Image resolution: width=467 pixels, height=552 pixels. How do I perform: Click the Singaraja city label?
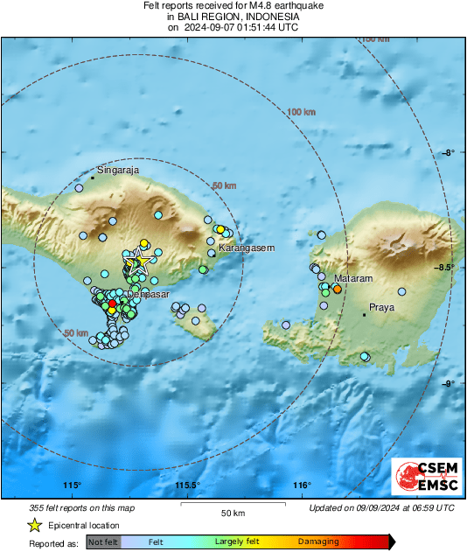click(118, 171)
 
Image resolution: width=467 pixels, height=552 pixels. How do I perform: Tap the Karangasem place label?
click(246, 248)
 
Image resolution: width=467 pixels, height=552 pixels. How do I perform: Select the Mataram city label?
click(352, 278)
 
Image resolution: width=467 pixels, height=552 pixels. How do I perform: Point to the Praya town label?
click(381, 308)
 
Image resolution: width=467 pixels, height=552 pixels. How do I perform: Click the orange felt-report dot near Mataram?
click(337, 289)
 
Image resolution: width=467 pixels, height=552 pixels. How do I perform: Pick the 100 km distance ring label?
click(301, 112)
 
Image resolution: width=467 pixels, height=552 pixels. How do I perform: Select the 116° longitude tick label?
click(302, 486)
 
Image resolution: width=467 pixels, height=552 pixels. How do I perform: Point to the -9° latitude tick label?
click(447, 383)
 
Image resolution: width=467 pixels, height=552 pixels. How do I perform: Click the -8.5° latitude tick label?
click(444, 268)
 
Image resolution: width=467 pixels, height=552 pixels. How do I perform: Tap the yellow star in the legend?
click(35, 525)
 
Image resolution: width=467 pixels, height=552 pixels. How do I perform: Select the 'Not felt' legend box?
click(101, 542)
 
